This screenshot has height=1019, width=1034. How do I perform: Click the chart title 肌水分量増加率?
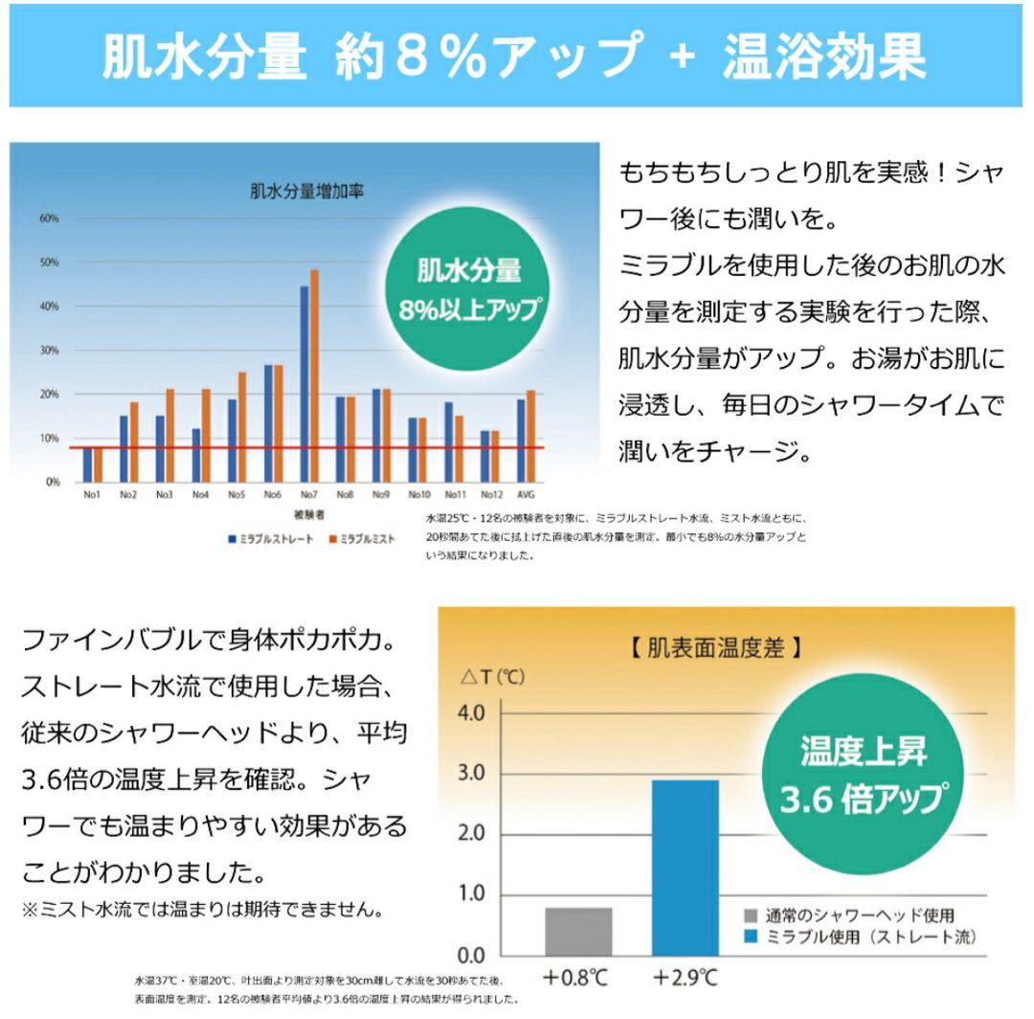coord(306,192)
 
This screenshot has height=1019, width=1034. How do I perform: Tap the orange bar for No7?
coord(314,375)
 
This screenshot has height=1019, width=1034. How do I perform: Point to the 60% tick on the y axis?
coord(49,218)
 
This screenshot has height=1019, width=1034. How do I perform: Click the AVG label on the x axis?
coord(527,495)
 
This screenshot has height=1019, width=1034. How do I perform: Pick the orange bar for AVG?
coord(531,436)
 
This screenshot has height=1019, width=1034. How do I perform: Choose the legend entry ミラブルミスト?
coord(365,539)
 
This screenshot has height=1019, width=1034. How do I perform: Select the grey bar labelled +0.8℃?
coord(578,931)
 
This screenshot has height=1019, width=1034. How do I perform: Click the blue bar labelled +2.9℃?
coord(686,867)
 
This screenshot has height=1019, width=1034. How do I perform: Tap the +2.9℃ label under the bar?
coord(686,978)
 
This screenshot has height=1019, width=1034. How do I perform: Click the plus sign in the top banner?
coord(681,57)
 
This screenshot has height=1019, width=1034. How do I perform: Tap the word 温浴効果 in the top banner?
coord(823,57)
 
